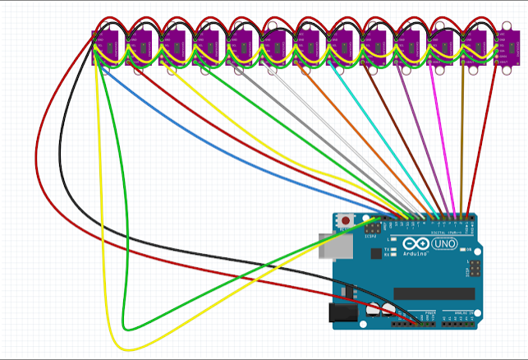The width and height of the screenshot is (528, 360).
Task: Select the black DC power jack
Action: [x=340, y=313]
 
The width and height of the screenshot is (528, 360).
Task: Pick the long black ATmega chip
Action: [x=433, y=293]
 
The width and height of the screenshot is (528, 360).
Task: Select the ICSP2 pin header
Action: [x=374, y=226]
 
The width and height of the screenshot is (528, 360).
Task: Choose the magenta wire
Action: [x=440, y=140]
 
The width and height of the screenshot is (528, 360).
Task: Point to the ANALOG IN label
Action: [x=457, y=313]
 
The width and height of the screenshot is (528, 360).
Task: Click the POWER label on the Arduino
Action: [x=429, y=313]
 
